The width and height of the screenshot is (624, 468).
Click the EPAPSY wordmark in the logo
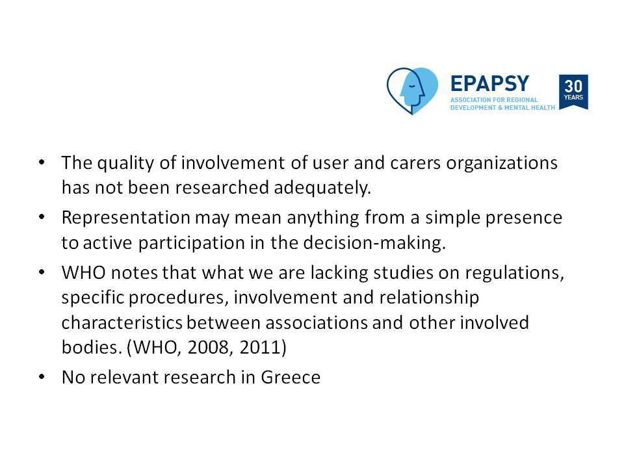click(489, 84)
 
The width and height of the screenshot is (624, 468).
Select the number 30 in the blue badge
click(573, 86)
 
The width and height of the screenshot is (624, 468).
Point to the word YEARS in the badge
click(573, 97)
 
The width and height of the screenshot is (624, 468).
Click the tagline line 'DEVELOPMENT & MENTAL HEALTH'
click(502, 108)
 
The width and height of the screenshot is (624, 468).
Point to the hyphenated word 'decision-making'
click(374, 242)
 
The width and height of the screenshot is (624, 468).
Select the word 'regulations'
click(515, 273)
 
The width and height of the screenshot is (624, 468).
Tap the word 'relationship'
click(429, 298)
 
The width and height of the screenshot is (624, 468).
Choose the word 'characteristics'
click(122, 322)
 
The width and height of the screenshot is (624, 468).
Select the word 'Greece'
click(291, 377)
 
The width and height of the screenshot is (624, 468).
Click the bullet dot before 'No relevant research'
click(42, 376)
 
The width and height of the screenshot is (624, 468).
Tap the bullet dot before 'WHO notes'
click(42, 272)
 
